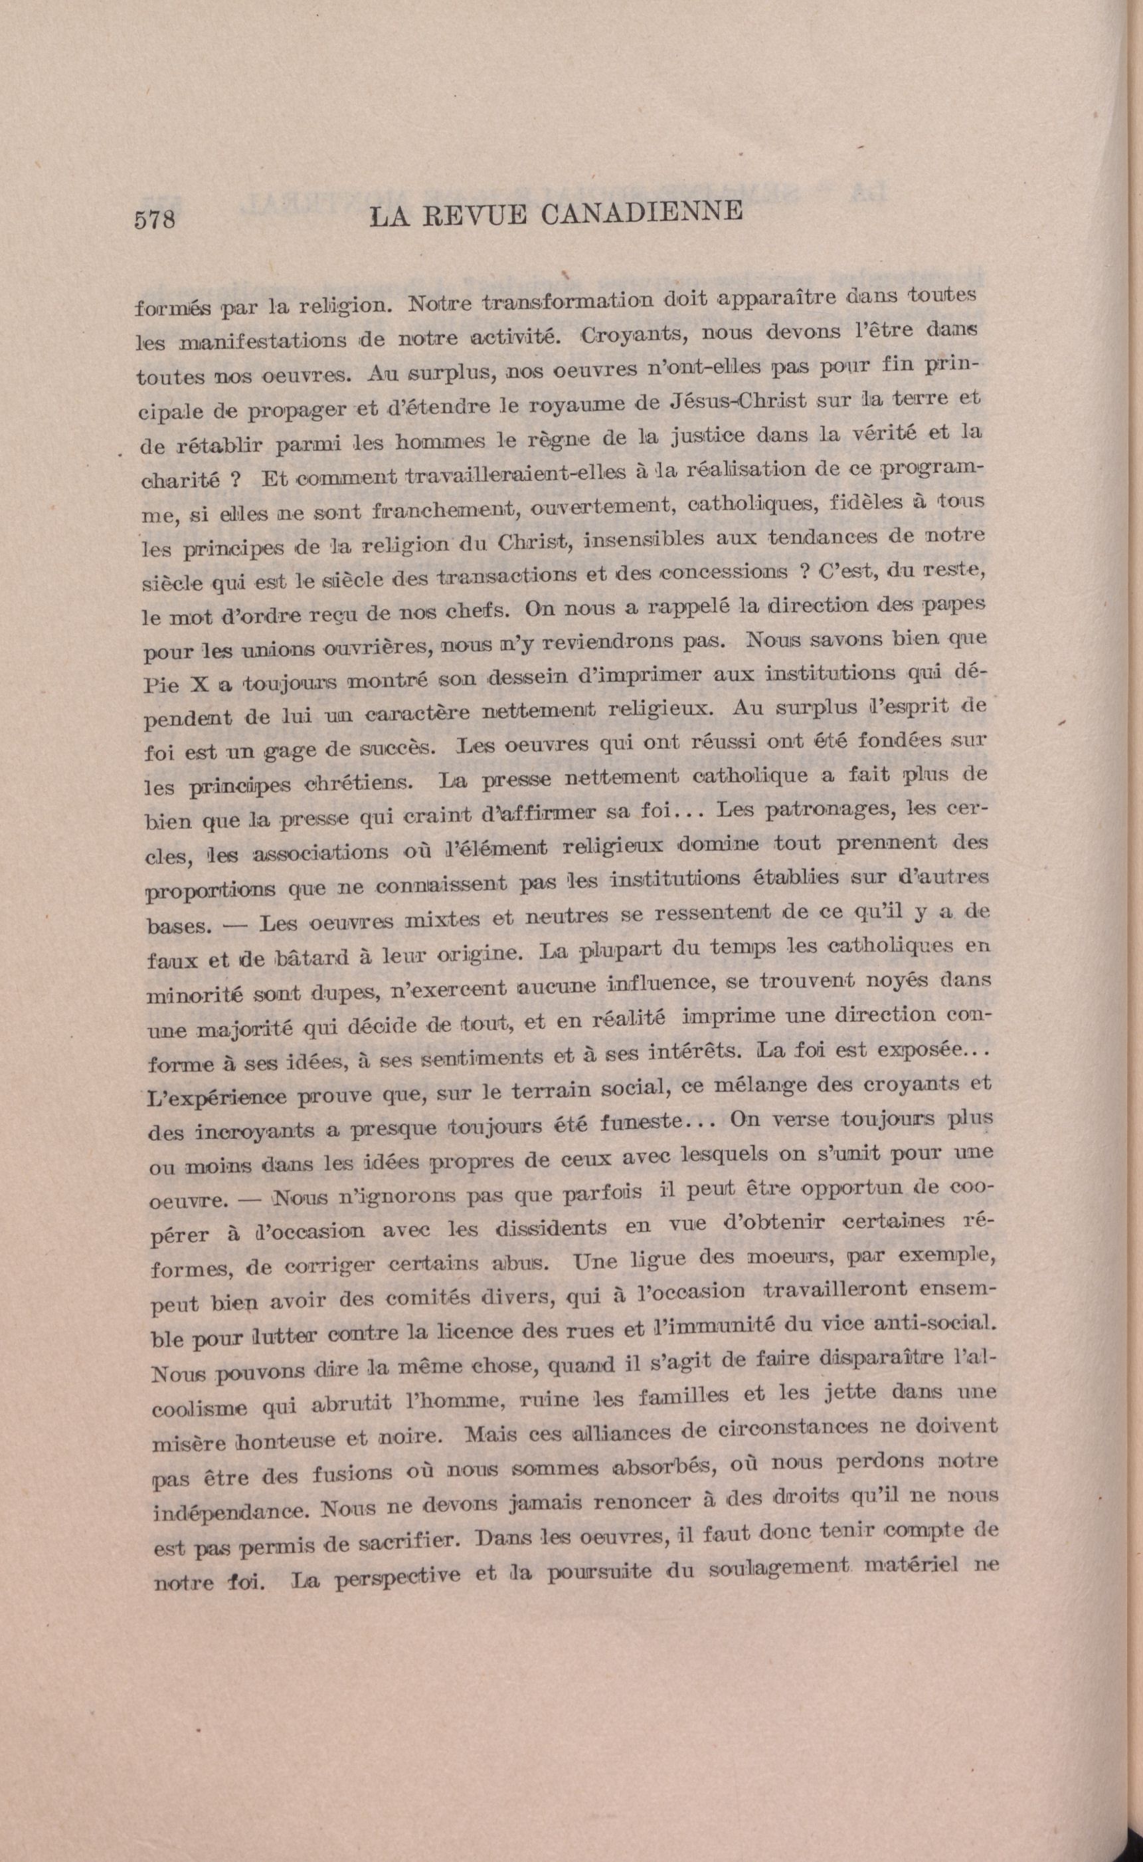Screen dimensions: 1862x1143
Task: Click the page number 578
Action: (x=155, y=219)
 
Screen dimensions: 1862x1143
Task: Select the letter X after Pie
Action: (x=201, y=684)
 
